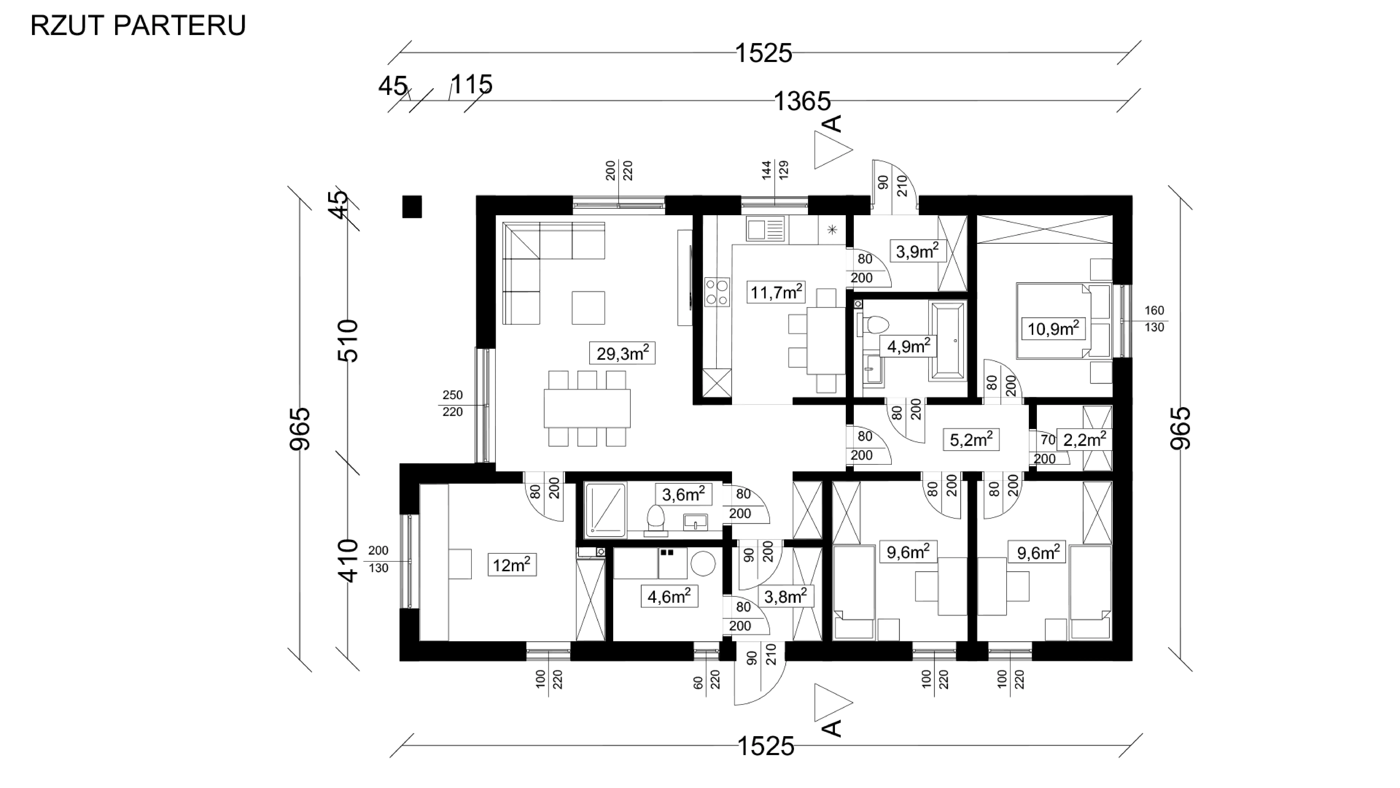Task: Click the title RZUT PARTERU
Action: click(x=138, y=26)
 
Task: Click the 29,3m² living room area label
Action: click(x=622, y=354)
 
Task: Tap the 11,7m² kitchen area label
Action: click(x=776, y=293)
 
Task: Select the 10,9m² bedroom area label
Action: click(x=1053, y=329)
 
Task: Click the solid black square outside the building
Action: click(x=412, y=207)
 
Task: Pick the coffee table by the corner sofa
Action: click(x=588, y=308)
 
